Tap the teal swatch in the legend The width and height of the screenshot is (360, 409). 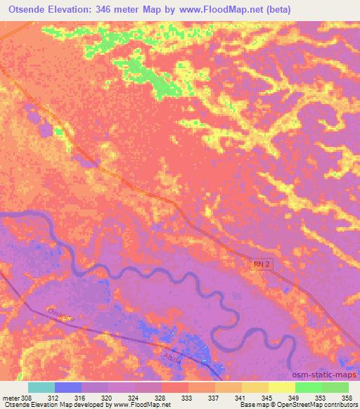click(x=41, y=387)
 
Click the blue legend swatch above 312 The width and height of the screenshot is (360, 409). click(x=68, y=387)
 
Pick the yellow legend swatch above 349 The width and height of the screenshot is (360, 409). click(x=282, y=387)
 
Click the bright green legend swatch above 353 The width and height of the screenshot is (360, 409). click(x=309, y=387)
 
